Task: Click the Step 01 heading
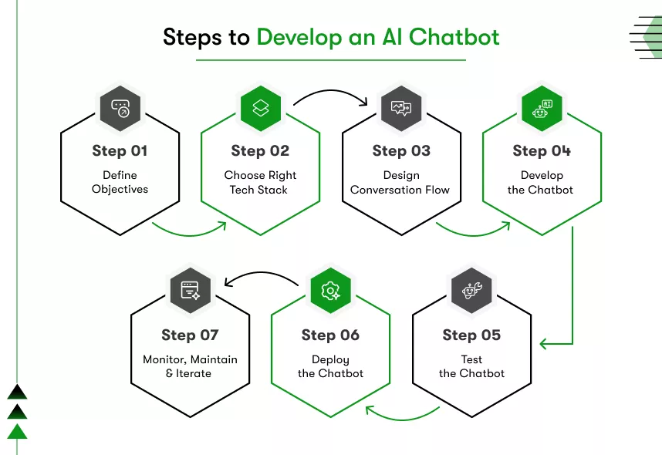click(x=120, y=150)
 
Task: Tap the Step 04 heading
click(x=542, y=150)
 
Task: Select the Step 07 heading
click(x=190, y=335)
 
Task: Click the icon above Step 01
click(x=120, y=108)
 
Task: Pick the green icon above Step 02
click(x=261, y=108)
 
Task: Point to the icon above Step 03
click(x=401, y=108)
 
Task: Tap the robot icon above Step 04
click(x=542, y=108)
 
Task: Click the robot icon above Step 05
click(x=471, y=291)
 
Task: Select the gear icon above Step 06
click(x=330, y=291)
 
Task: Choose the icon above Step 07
click(x=190, y=291)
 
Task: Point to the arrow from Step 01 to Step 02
click(x=189, y=230)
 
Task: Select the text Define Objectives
click(x=120, y=182)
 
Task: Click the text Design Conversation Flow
click(x=400, y=182)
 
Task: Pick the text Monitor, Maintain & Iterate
click(x=190, y=366)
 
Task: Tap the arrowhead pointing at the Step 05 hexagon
click(x=545, y=343)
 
